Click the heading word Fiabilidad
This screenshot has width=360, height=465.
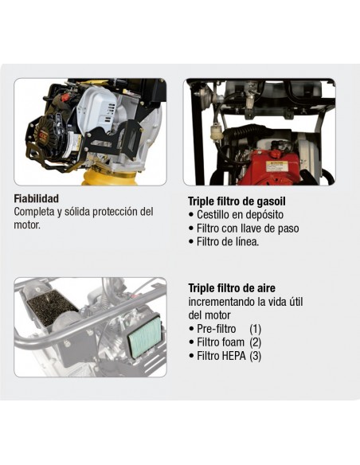36,198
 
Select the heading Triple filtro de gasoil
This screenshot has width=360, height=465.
237,201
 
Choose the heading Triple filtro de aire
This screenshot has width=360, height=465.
232,288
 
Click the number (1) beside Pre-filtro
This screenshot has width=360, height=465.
255,329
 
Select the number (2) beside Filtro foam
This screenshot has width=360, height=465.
255,342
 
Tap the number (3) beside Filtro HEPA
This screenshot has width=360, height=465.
255,356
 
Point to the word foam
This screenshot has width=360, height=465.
233,342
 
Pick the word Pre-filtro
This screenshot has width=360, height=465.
217,329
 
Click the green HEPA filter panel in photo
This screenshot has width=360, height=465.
145,337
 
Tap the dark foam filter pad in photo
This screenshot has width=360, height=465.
51,306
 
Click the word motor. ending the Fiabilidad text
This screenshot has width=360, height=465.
27,225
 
